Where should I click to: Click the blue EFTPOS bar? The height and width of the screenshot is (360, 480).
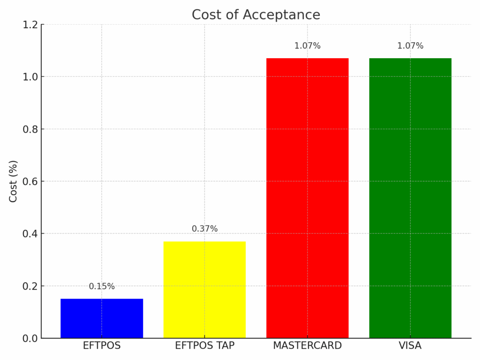point(102,318)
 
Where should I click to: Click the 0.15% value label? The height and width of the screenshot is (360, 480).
point(102,286)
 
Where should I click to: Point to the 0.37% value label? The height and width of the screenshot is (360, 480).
point(205,229)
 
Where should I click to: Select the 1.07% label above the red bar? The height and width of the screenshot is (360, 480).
point(307,46)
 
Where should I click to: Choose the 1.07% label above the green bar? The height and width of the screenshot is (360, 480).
point(410,46)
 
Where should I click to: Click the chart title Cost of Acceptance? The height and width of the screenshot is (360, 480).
point(256,15)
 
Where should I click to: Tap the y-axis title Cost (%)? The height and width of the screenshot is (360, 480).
point(13,181)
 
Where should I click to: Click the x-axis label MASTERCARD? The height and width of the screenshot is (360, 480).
point(307,346)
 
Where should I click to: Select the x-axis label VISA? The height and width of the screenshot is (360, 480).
point(410,346)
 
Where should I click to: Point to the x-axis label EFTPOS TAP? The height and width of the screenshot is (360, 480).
point(204,346)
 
